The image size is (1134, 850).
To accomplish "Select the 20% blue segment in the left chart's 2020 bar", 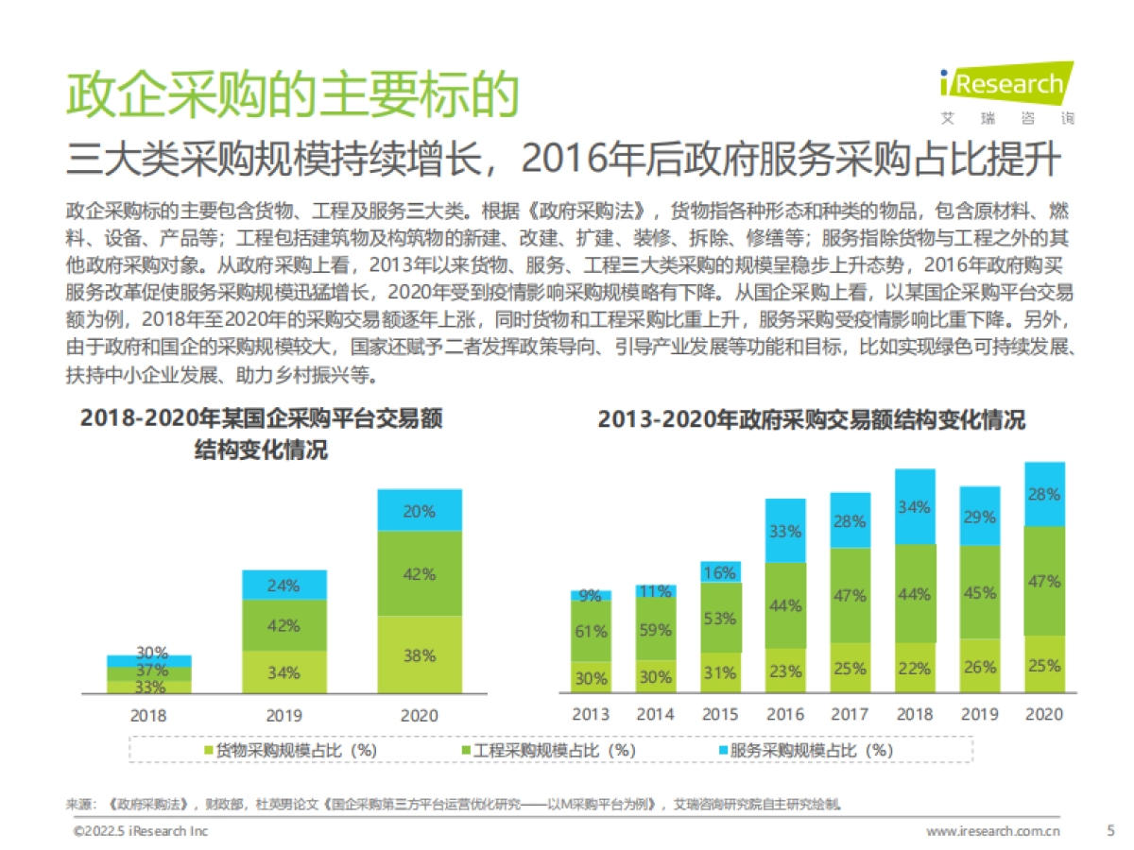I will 420,511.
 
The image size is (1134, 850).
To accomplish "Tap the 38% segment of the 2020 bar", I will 420,655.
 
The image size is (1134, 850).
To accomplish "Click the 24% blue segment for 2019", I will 283,585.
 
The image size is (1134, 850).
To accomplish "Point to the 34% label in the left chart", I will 283,672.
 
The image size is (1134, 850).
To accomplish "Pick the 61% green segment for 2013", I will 591,631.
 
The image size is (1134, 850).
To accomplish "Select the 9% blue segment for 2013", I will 591,595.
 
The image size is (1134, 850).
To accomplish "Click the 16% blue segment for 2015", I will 720,572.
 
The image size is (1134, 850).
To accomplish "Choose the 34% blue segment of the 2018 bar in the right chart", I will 915,507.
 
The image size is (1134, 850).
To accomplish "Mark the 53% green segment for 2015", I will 720,619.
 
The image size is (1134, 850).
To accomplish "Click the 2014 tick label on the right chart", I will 655,715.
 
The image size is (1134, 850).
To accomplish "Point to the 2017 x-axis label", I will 850,715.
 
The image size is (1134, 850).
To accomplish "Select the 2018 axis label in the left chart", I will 149,715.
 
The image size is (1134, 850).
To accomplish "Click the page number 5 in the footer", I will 1109,831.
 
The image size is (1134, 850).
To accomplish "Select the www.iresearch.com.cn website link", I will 992,831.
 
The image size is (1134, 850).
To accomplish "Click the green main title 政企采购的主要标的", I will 293,94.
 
